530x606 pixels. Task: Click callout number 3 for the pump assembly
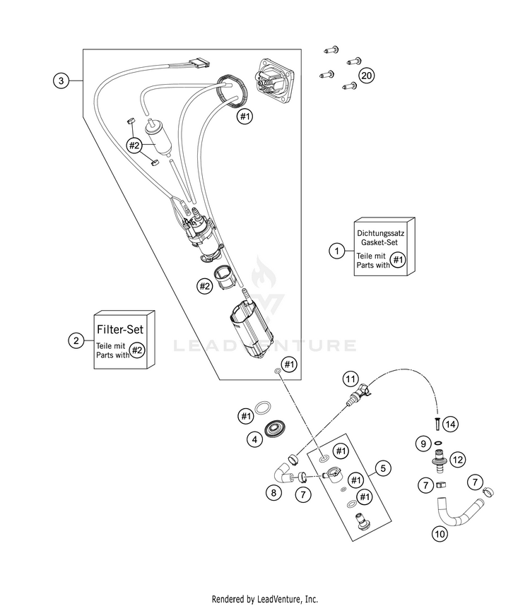(x=61, y=81)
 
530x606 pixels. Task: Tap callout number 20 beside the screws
(x=366, y=75)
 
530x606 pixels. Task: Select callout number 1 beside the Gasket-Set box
(x=336, y=251)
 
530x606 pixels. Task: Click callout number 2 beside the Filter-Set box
(x=76, y=340)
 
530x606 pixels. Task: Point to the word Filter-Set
(x=120, y=329)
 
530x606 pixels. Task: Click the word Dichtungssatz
(x=380, y=233)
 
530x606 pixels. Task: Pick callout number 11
(x=351, y=379)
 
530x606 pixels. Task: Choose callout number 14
(x=450, y=424)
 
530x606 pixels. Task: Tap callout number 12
(x=458, y=460)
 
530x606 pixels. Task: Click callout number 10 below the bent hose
(x=440, y=534)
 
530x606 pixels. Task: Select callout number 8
(x=273, y=493)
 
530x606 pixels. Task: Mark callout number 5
(x=383, y=468)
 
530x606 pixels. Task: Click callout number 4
(x=254, y=439)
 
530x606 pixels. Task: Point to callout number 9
(x=423, y=444)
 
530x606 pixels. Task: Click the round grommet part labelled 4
(x=274, y=429)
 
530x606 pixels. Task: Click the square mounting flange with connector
(x=275, y=82)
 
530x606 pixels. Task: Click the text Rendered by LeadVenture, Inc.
(x=265, y=599)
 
